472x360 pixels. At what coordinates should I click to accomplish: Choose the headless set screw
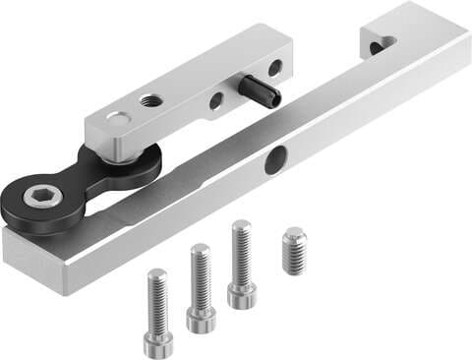point(293,250)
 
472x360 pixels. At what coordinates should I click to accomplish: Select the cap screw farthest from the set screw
point(159,311)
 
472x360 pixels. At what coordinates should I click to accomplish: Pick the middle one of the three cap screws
point(202,286)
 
